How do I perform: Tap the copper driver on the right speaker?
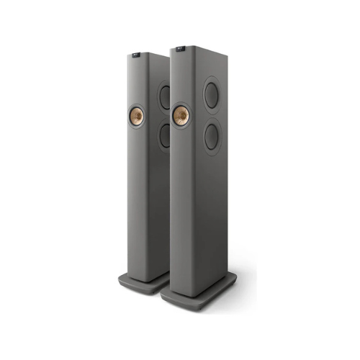tap(181, 113)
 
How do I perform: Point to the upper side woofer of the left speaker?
tap(165, 96)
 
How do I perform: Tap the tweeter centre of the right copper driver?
tap(181, 113)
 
